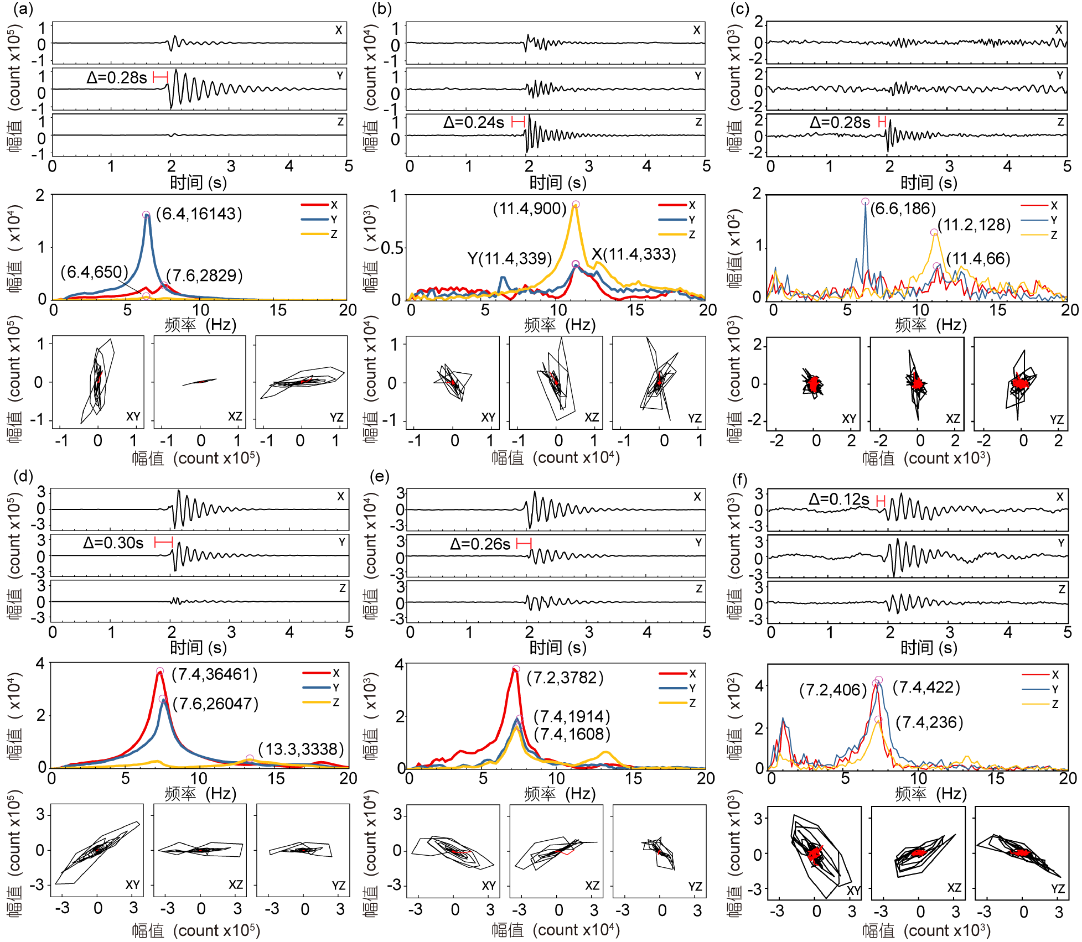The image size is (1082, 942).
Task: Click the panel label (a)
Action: click(x=23, y=9)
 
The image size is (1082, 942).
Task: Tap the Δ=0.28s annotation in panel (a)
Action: click(x=117, y=77)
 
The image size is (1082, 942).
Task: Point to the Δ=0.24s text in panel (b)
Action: click(x=474, y=122)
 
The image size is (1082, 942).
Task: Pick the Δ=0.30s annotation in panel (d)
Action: click(x=113, y=543)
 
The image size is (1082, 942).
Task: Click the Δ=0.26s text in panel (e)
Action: click(x=480, y=544)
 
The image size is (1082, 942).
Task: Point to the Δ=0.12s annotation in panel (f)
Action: click(x=838, y=499)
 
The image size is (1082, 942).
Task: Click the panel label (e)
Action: click(x=379, y=476)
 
